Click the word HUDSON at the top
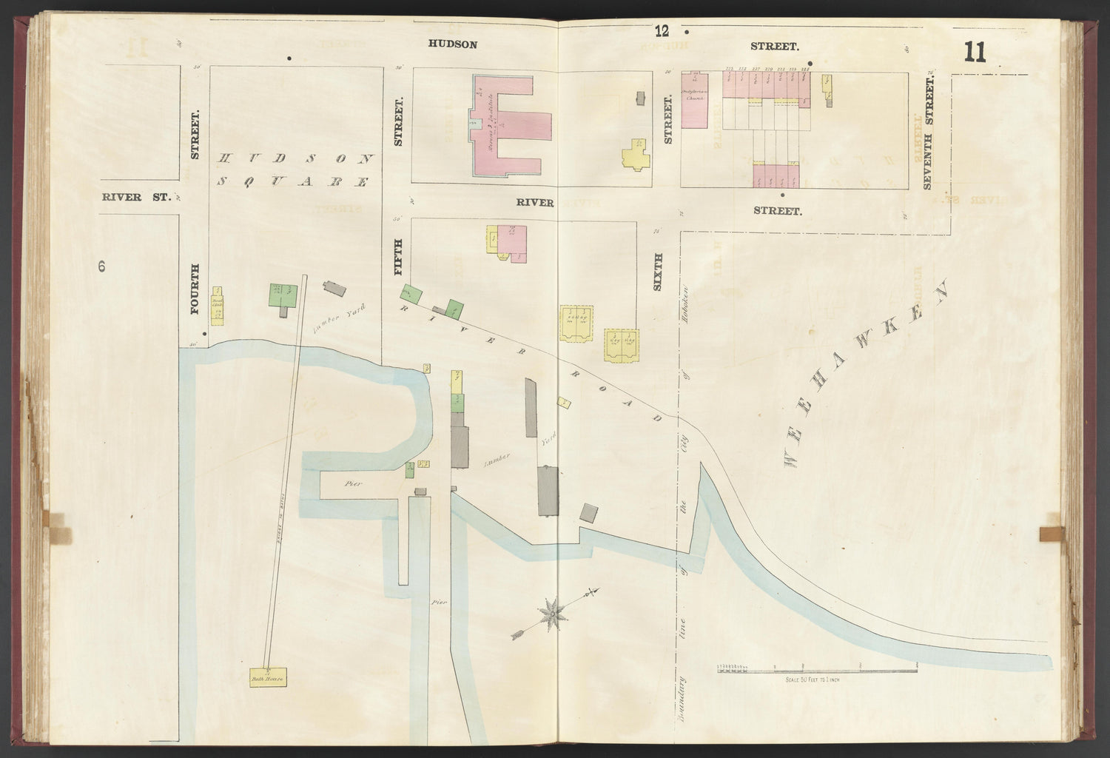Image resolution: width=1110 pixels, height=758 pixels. (x=452, y=44)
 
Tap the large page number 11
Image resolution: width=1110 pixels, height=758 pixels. (x=975, y=53)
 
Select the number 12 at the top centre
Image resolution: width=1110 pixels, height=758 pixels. (x=661, y=30)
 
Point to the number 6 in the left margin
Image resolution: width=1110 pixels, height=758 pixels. (x=101, y=266)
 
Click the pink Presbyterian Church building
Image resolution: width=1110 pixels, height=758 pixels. (x=695, y=100)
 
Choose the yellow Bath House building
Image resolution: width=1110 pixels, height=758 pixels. (x=269, y=677)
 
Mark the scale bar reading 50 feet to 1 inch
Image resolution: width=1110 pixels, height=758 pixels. (x=817, y=671)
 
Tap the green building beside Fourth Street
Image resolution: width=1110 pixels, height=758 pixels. (x=283, y=295)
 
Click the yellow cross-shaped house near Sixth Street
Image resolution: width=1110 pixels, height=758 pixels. (x=636, y=155)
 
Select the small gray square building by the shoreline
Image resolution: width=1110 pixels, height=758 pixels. (x=589, y=513)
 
